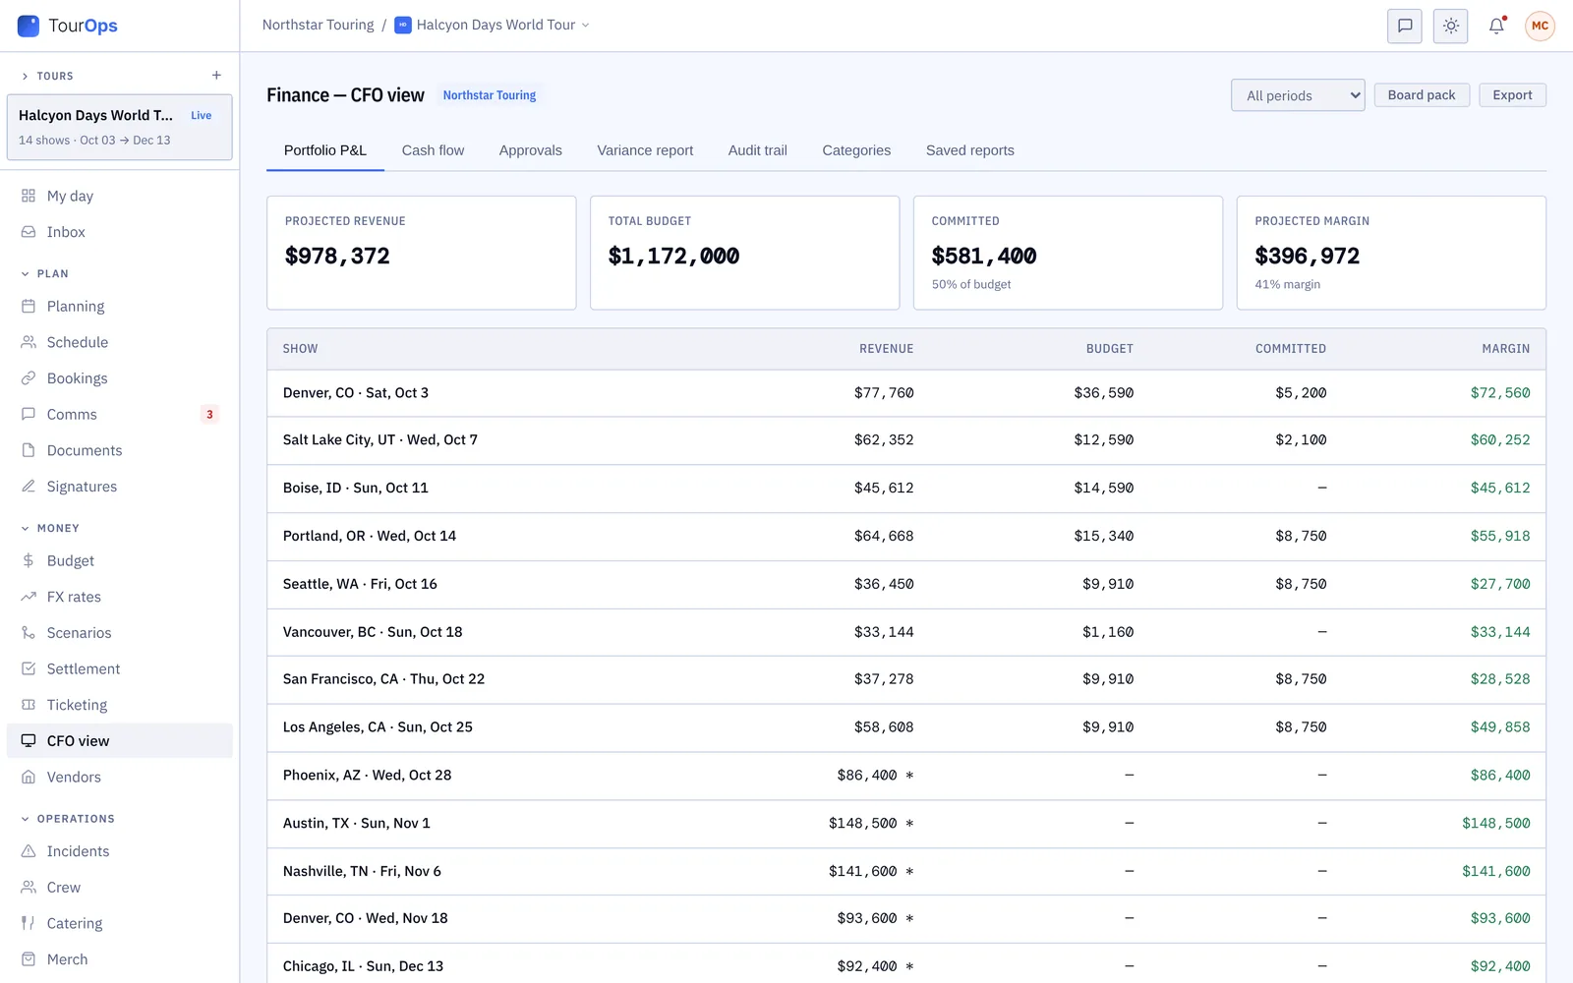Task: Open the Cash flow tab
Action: tap(433, 150)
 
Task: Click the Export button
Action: tap(1512, 94)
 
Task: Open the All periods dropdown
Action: tap(1298, 95)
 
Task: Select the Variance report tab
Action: tap(645, 150)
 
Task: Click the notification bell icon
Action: tap(1496, 26)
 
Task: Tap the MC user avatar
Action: tap(1540, 26)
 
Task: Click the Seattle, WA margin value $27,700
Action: tap(1500, 584)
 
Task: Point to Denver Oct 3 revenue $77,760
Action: tap(884, 392)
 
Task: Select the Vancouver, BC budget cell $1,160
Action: tap(1107, 632)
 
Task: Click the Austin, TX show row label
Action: tap(356, 823)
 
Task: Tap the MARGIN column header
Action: tap(1505, 348)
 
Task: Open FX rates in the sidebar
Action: tap(74, 597)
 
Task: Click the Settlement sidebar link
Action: tap(83, 668)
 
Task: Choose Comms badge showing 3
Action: tap(209, 414)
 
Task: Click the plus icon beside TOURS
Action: tap(216, 75)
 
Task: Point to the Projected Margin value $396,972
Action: tap(1307, 256)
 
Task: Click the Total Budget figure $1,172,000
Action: tap(673, 256)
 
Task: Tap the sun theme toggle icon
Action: tap(1450, 26)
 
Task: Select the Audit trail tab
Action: tap(757, 150)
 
